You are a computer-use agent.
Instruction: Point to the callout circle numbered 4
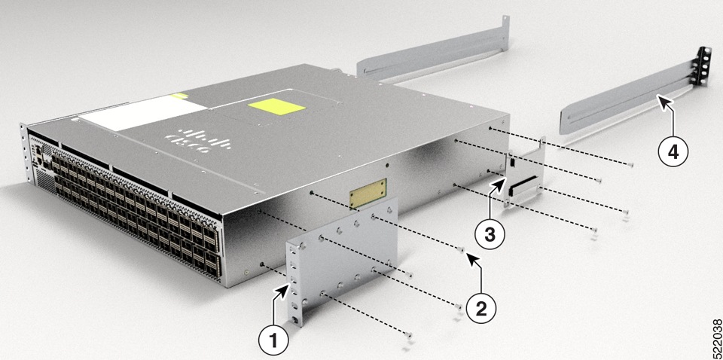click(x=673, y=151)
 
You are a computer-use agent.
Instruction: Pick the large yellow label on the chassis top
click(x=281, y=106)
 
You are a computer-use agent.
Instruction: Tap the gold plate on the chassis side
click(x=368, y=193)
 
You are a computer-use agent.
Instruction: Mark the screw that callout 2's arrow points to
click(x=462, y=249)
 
